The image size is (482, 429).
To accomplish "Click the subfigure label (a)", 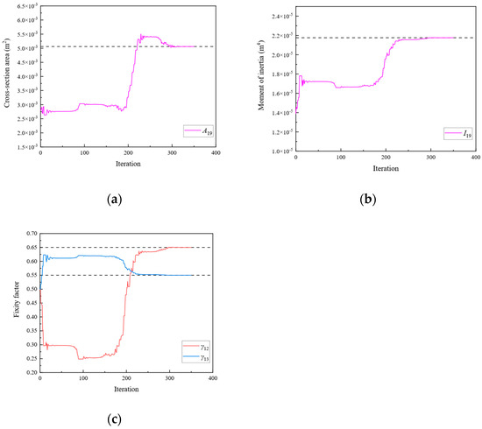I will (114, 200).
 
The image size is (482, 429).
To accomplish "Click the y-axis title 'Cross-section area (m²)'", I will (8, 77).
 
